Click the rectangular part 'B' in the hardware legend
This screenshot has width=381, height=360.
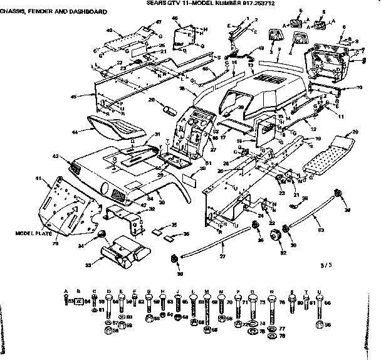point(79,302)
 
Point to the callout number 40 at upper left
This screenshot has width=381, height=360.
point(110,31)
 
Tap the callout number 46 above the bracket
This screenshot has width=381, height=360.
point(174,19)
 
